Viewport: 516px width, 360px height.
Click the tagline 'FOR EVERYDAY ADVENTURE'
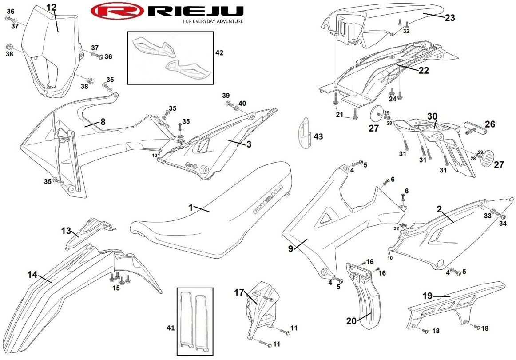(213, 21)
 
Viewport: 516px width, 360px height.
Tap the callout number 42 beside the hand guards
(219, 52)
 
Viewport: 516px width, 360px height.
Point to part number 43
(319, 136)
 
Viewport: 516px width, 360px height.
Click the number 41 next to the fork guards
(171, 328)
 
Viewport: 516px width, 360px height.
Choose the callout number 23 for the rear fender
(450, 18)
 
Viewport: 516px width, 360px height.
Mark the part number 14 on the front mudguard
(32, 275)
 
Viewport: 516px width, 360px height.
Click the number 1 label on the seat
(191, 207)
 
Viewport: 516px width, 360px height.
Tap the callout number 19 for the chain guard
(427, 295)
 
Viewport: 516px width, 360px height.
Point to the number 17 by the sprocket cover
(239, 292)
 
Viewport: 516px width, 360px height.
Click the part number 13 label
(66, 230)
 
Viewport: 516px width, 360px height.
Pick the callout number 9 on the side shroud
(290, 249)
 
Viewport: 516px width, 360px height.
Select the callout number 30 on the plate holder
(432, 116)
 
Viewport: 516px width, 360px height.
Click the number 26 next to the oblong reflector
(489, 124)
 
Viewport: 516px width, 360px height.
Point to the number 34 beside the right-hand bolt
(503, 223)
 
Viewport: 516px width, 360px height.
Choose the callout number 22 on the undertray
(423, 70)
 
